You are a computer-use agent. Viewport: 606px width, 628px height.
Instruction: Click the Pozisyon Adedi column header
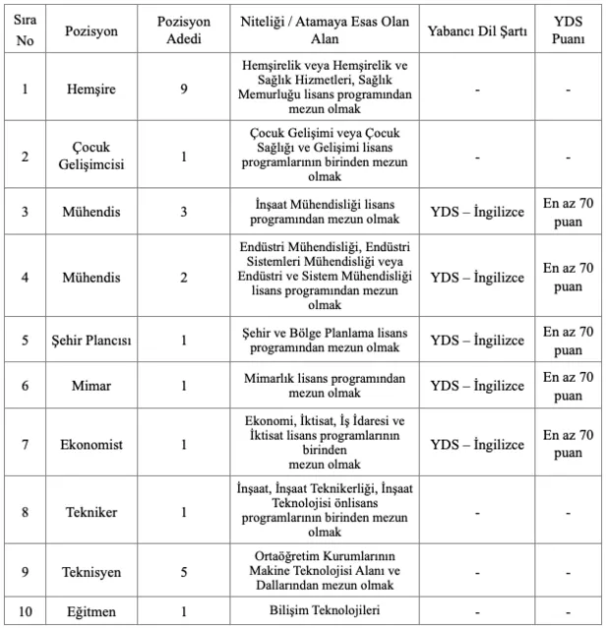pyautogui.click(x=184, y=31)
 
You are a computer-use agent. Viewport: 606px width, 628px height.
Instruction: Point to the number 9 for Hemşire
pyautogui.click(x=184, y=88)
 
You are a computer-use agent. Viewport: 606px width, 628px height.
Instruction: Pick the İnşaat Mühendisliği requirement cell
pyautogui.click(x=325, y=211)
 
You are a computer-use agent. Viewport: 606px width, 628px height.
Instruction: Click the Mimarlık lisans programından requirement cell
pyautogui.click(x=325, y=386)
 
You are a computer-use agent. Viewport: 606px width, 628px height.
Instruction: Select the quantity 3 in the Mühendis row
pyautogui.click(x=184, y=211)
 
